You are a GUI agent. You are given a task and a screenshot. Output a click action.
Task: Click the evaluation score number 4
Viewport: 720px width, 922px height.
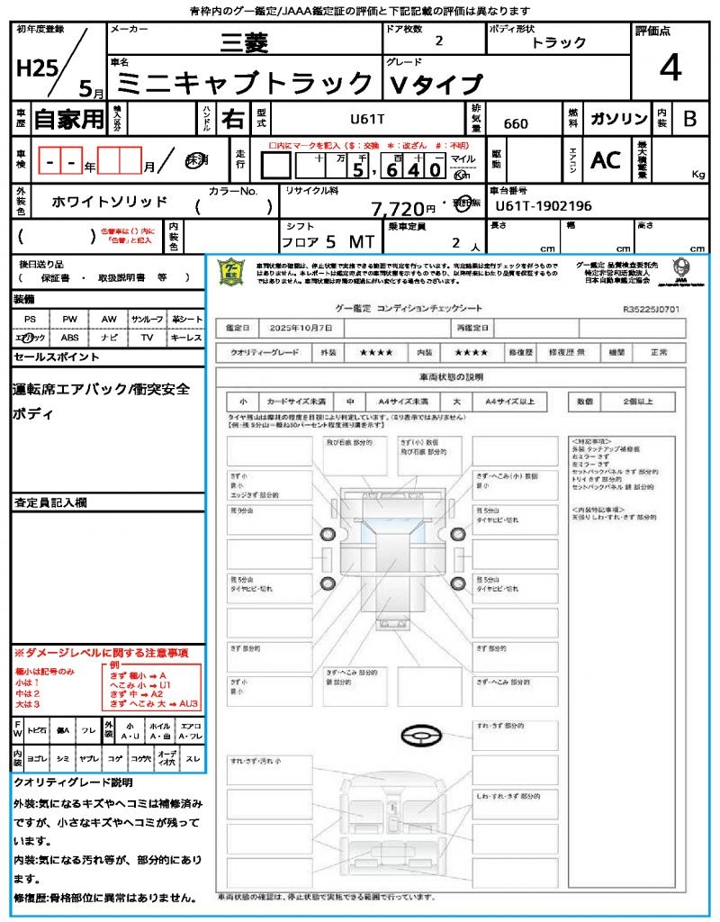tap(670, 68)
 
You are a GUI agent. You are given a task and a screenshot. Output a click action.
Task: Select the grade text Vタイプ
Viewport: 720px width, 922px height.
tap(436, 86)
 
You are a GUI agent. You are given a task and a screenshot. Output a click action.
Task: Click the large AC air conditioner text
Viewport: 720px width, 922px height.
tap(606, 160)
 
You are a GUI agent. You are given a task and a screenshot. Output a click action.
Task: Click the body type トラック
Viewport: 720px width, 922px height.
tap(558, 42)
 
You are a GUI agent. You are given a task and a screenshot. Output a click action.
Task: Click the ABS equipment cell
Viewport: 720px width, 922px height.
tap(69, 338)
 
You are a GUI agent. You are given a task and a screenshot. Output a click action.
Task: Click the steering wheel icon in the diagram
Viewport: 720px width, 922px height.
tap(419, 737)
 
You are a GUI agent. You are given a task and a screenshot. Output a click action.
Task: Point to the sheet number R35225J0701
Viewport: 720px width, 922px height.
tap(651, 309)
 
